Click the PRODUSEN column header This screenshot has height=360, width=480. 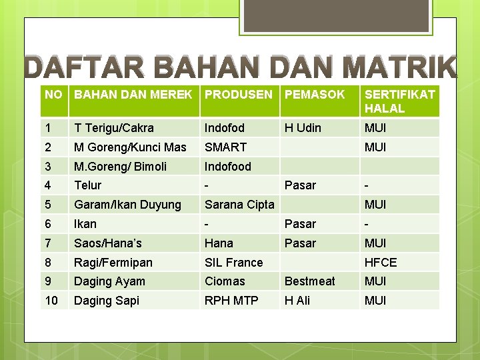tap(238, 95)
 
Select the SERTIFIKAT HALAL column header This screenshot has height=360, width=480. tap(399, 101)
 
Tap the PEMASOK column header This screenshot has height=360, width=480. tap(315, 95)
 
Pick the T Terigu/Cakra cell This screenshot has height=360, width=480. tap(114, 128)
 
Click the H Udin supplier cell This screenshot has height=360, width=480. tap(303, 128)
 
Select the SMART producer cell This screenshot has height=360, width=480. tap(225, 147)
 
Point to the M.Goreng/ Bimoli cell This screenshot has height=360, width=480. tap(120, 166)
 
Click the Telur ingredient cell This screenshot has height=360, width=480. tap(87, 185)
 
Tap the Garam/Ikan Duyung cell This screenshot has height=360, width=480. tap(127, 205)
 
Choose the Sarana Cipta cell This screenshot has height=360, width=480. tap(239, 205)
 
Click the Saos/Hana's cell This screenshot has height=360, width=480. tap(108, 243)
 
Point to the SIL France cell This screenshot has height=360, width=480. tap(233, 263)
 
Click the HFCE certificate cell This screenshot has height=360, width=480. tap(381, 263)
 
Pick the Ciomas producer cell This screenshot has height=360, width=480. tap(225, 281)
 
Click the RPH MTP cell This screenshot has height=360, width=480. tap(231, 301)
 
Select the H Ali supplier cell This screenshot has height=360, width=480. tap(297, 301)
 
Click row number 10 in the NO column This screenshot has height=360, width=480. tap(51, 301)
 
